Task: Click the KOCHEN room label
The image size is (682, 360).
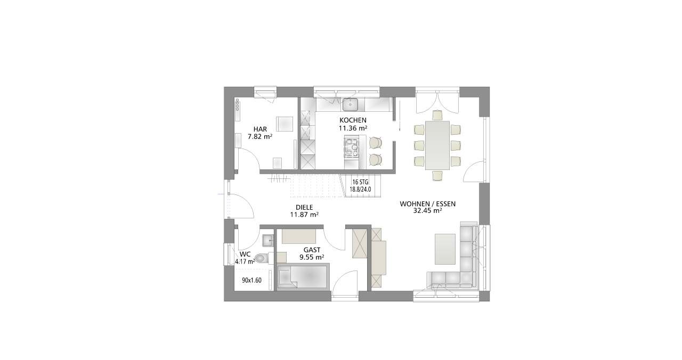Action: click(x=353, y=120)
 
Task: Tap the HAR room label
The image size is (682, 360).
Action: click(x=260, y=129)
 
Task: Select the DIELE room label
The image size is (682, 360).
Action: click(x=304, y=207)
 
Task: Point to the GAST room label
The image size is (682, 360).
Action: click(x=312, y=250)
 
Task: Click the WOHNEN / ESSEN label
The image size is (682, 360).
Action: click(x=427, y=204)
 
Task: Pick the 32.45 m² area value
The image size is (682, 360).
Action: click(x=427, y=210)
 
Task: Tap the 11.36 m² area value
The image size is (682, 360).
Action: click(x=353, y=128)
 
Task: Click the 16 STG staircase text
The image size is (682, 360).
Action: click(x=360, y=182)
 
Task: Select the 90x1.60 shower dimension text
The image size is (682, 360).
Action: click(x=251, y=280)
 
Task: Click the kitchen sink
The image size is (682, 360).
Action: click(x=350, y=104)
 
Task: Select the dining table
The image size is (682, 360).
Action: click(x=437, y=145)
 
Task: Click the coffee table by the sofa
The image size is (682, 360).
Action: click(x=445, y=249)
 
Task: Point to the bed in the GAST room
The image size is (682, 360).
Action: click(x=303, y=276)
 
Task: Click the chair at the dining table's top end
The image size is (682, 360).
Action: click(x=437, y=115)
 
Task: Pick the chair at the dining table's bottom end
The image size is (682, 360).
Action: click(x=437, y=176)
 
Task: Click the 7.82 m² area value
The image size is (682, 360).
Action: click(x=260, y=137)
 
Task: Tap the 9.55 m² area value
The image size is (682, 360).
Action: click(x=312, y=257)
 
